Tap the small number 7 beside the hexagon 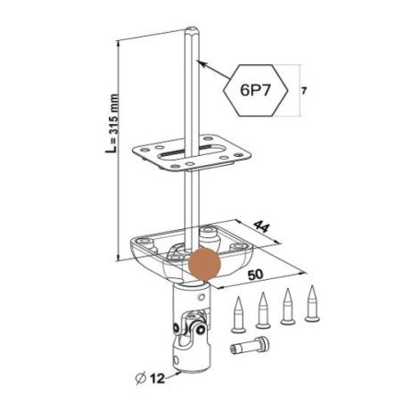click(x=304, y=91)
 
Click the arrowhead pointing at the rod click(x=201, y=62)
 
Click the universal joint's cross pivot click(x=189, y=329)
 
